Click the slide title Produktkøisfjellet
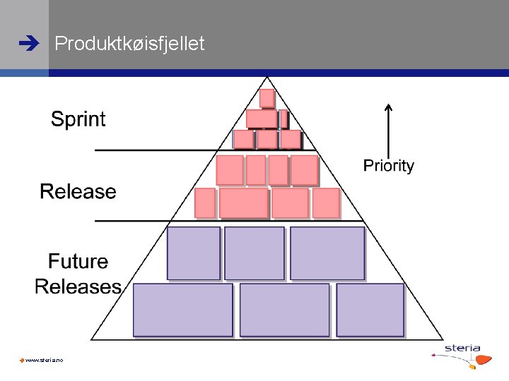click(x=129, y=44)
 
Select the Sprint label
click(x=78, y=119)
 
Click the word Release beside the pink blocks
click(x=78, y=191)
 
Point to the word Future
click(x=78, y=262)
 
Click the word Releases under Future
click(x=78, y=286)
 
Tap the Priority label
click(x=388, y=166)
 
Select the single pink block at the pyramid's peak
click(x=267, y=98)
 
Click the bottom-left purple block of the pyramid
click(x=182, y=309)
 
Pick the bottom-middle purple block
click(x=284, y=309)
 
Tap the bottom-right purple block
click(x=370, y=309)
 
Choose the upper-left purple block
click(x=193, y=253)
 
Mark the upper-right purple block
click(x=327, y=253)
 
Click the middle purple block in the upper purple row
click(x=254, y=253)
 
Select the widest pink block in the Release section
click(x=243, y=202)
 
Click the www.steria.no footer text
click(x=44, y=361)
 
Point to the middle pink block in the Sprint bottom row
click(x=267, y=139)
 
